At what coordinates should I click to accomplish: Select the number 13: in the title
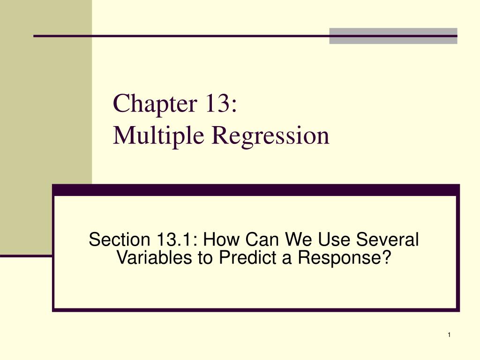(220, 104)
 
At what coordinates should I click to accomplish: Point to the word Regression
(270, 135)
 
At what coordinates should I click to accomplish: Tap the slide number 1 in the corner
(449, 334)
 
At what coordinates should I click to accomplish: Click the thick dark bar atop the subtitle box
(255, 190)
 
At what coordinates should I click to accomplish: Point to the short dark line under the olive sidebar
(26, 256)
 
